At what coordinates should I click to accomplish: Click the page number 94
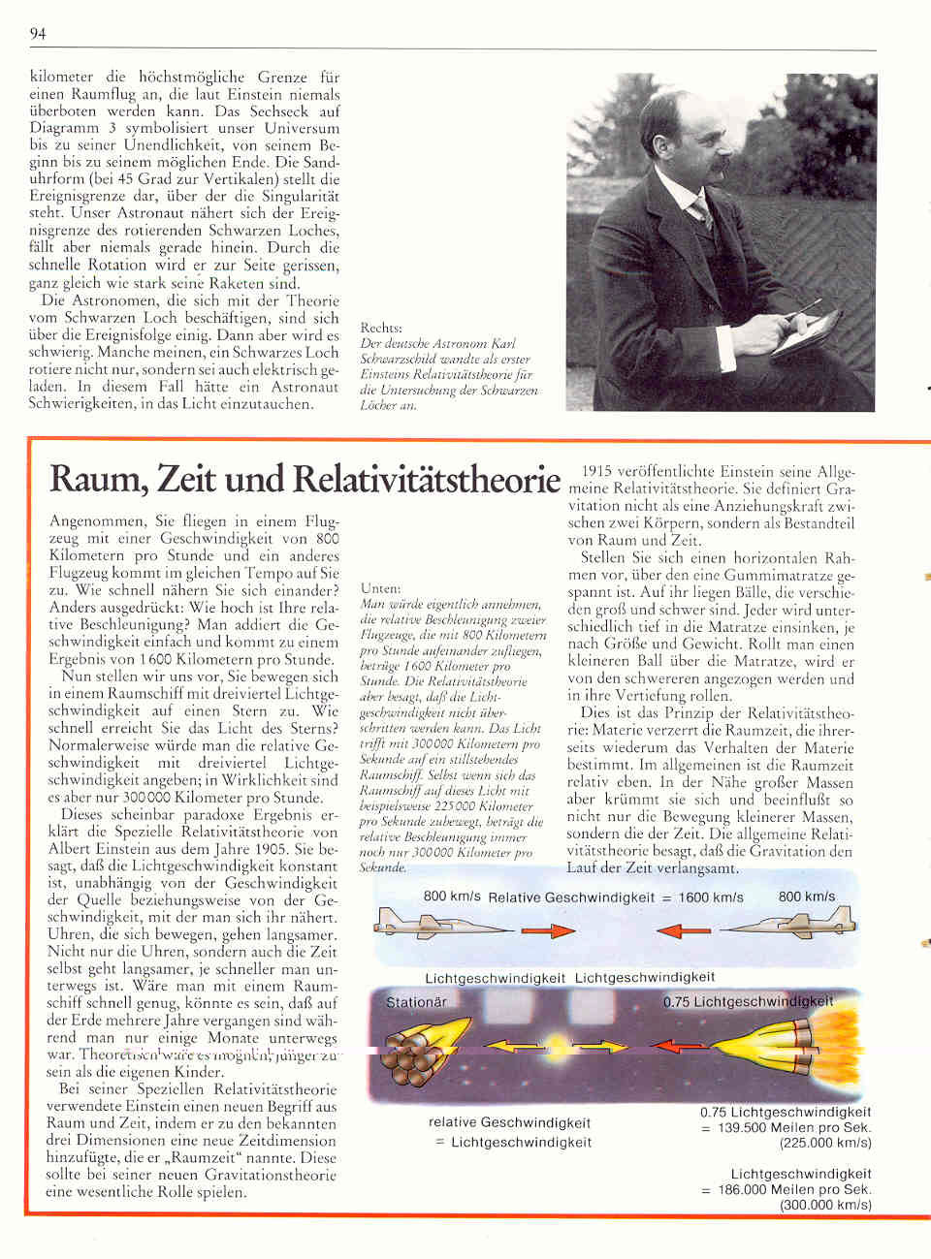pyautogui.click(x=38, y=34)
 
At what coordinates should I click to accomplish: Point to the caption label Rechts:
pyautogui.click(x=381, y=328)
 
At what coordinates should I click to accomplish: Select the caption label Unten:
pyautogui.click(x=380, y=588)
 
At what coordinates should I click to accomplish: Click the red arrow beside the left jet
pyautogui.click(x=548, y=931)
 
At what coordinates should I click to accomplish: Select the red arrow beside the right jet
pyautogui.click(x=683, y=931)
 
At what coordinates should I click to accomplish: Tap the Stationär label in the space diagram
pyautogui.click(x=416, y=1002)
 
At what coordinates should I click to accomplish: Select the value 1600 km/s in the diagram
pyautogui.click(x=711, y=897)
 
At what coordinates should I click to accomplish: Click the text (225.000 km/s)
pyautogui.click(x=825, y=1143)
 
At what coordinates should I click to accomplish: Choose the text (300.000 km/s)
pyautogui.click(x=825, y=1205)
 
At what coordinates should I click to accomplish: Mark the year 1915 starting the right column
pyautogui.click(x=598, y=472)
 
